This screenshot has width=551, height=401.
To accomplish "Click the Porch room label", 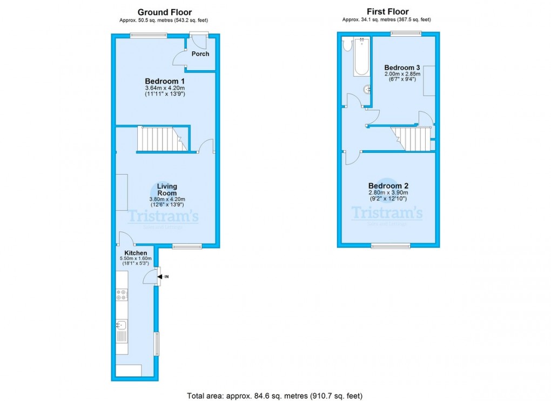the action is point(200,54).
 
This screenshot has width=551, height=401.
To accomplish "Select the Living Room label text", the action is point(167,190).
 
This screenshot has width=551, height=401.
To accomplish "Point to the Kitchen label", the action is point(136,253).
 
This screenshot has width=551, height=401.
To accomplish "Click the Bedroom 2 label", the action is point(388,186).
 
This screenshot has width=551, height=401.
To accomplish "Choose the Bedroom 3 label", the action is point(402,68).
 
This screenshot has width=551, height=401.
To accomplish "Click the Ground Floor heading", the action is point(165,12).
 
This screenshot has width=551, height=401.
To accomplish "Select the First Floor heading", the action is point(388,11).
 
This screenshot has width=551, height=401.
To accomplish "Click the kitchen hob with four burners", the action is point(122,295).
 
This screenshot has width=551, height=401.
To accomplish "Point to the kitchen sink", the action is point(122,325).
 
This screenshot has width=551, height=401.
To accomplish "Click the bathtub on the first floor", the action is point(361,57).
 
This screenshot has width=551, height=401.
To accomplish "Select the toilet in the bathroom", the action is point(347,45).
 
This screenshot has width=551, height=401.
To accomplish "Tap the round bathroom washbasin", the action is point(367,90).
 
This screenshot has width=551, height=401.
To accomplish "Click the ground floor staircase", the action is point(163,139).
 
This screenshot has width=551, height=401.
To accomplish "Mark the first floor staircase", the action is point(411,139).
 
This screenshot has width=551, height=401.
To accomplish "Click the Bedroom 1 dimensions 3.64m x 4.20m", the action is point(165,88).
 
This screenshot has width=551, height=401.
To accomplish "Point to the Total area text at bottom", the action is point(274,396).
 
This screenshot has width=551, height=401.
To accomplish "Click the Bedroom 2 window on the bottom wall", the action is point(391,245).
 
